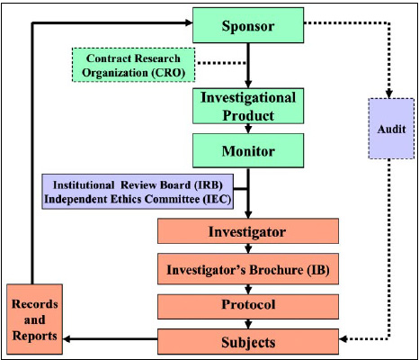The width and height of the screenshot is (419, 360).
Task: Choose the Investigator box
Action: pyautogui.click(x=247, y=232)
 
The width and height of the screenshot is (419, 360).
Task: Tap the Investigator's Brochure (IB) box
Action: pyautogui.click(x=247, y=268)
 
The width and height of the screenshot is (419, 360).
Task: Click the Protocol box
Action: pyautogui.click(x=247, y=305)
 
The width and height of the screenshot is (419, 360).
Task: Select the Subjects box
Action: pyautogui.click(x=247, y=341)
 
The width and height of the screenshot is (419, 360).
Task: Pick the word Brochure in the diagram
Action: pyautogui.click(x=261, y=268)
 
